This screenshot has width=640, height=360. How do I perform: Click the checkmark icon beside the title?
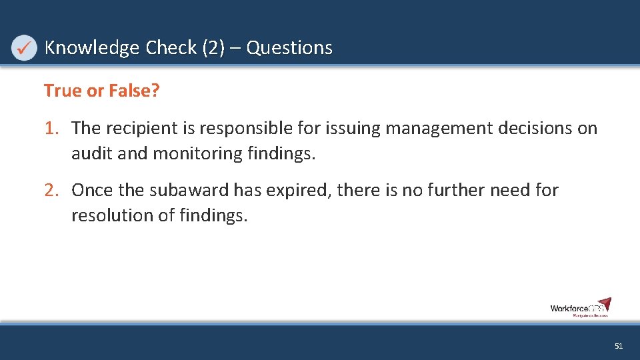(24, 48)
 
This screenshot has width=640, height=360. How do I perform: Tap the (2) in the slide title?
(213, 48)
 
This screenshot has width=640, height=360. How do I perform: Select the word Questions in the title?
(289, 48)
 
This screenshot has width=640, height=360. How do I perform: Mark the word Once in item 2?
(93, 190)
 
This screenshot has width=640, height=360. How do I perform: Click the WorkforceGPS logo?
(580, 307)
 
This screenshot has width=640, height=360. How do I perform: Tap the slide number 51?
(618, 346)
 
